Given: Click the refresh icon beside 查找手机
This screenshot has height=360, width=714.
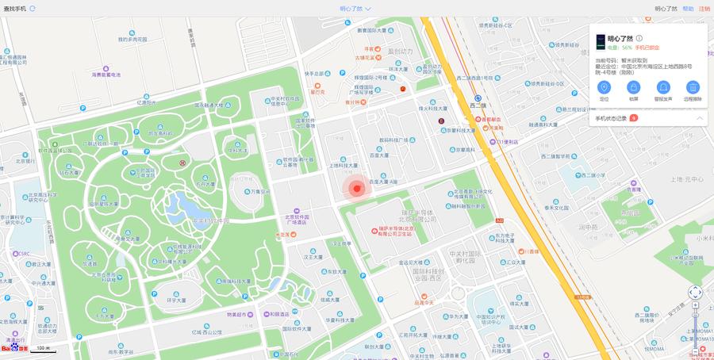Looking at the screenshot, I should tap(33, 8).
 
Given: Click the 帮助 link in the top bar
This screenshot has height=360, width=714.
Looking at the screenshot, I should tap(688, 9).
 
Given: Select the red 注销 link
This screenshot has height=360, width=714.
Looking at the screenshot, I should tap(704, 9).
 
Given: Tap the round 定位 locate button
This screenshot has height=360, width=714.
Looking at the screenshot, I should tap(604, 87).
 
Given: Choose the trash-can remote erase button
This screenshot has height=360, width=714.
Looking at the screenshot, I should tap(693, 87).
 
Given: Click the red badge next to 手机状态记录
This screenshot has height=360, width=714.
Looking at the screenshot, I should tap(634, 118).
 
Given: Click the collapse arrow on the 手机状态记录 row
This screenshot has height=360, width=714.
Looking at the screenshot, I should tap(700, 118).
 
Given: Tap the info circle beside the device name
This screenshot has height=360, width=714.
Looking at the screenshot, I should tap(639, 38).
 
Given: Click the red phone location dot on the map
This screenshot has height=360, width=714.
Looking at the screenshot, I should tap(357, 188).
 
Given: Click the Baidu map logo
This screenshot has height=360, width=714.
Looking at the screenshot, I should tap(14, 348).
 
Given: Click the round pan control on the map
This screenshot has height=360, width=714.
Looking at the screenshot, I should tap(695, 293).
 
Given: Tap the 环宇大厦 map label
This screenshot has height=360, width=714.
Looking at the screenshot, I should tap(176, 301).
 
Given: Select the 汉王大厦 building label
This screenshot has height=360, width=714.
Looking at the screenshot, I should tap(313, 257).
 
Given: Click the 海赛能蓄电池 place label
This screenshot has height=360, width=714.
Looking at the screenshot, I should tap(105, 75).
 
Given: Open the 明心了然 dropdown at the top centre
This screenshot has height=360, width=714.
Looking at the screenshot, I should tap(355, 9).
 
